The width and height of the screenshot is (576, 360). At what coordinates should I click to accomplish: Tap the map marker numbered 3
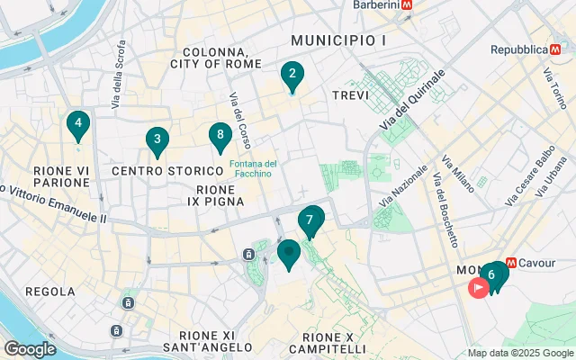[x=157, y=140]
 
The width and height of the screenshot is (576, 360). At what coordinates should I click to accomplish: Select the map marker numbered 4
[x=78, y=124]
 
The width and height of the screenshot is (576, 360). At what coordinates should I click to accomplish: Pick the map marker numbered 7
[x=310, y=220]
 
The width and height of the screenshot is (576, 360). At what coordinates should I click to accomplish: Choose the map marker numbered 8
[x=220, y=137]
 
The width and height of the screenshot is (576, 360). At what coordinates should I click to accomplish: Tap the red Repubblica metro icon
[x=553, y=49]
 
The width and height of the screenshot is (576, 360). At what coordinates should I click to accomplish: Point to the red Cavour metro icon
[x=511, y=263]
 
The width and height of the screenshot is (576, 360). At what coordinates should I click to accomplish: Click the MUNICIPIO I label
[x=338, y=40]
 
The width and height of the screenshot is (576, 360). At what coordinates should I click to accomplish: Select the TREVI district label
[x=351, y=94]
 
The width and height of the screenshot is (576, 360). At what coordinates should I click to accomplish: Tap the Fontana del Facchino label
[x=251, y=168]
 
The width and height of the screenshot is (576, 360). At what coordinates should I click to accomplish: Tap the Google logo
[x=30, y=349]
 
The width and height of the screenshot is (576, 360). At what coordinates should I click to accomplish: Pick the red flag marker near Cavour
[x=479, y=288]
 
